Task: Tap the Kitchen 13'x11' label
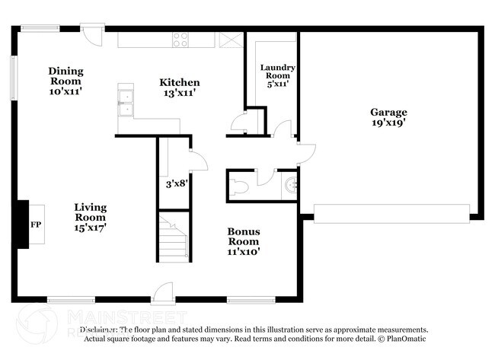pos(180,88)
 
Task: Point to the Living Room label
pos(90,216)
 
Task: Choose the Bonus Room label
pos(244,241)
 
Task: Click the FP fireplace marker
pos(35,225)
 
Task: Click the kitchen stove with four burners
pos(180,40)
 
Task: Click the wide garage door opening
pos(391,213)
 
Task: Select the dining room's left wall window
pos(13,77)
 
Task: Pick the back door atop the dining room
pos(92,34)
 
